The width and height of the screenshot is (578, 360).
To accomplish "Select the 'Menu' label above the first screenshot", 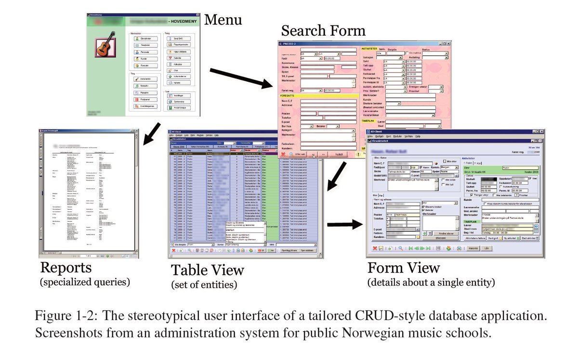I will click(x=223, y=20).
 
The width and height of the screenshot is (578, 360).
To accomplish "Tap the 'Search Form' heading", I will click(x=323, y=31).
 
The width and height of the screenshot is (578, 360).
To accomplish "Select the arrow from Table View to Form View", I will click(x=344, y=224).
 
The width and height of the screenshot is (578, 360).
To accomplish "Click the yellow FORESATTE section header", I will click(x=289, y=95).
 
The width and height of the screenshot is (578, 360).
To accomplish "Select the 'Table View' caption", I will click(x=208, y=270).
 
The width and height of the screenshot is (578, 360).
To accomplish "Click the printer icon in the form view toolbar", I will click(x=459, y=248).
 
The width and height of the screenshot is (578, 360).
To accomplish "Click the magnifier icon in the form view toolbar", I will click(x=401, y=248).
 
